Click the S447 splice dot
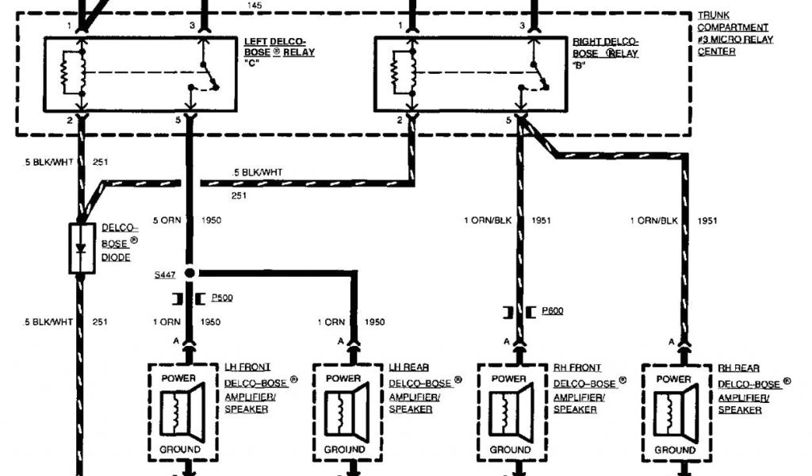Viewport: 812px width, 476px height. pos(190,274)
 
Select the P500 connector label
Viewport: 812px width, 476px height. pos(220,297)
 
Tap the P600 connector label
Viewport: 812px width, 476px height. pos(552,310)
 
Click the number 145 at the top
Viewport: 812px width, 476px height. pos(255,6)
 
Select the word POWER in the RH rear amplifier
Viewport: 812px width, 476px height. pos(673,378)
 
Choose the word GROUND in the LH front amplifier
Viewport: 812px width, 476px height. pos(181,450)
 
